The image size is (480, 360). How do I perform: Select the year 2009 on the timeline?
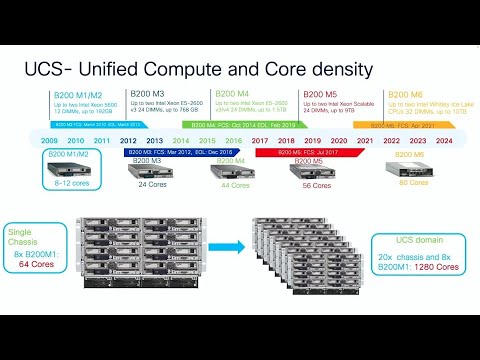(50, 142)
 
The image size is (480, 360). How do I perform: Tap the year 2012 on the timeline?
(129, 142)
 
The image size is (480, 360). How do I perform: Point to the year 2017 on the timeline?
(260, 142)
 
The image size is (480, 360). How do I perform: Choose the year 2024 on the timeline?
(444, 142)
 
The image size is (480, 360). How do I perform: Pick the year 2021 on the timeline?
(365, 142)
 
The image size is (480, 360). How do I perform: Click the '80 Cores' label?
(412, 183)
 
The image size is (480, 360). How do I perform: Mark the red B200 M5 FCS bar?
(301, 153)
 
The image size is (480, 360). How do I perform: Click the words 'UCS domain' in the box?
(409, 241)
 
